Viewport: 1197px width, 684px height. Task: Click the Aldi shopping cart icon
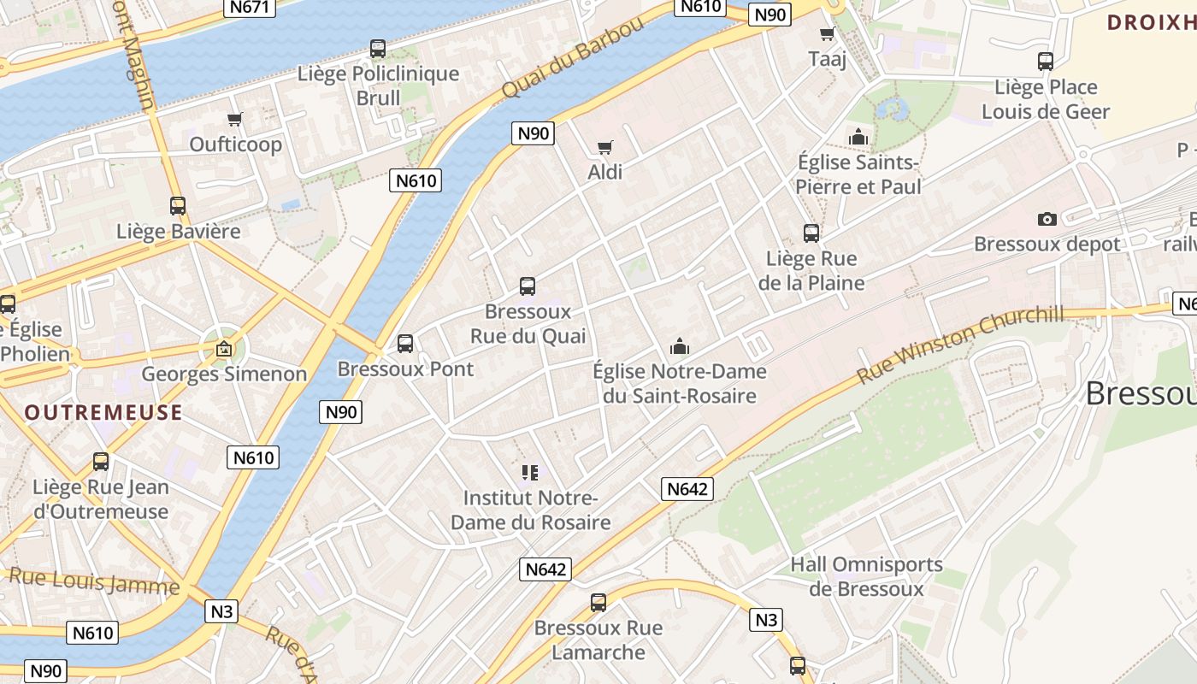(605, 147)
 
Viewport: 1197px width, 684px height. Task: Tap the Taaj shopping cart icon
(827, 34)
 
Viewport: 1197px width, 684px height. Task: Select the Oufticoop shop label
(236, 144)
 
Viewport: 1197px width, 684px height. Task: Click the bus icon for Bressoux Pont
(405, 344)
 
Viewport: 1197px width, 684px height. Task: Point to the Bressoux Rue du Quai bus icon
(528, 286)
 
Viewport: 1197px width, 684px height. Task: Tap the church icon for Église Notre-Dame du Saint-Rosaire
(680, 346)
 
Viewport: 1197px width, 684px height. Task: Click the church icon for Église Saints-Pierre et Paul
(858, 137)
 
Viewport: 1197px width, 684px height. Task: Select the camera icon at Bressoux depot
(1047, 220)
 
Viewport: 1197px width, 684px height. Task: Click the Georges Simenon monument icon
(223, 349)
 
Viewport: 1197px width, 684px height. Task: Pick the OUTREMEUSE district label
(103, 413)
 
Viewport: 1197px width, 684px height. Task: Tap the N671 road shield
(251, 8)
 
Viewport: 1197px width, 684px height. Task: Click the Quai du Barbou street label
(572, 58)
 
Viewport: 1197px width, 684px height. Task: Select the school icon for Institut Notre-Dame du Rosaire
(529, 472)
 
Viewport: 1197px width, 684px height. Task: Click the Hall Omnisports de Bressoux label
(866, 576)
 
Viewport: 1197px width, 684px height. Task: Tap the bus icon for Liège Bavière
(178, 206)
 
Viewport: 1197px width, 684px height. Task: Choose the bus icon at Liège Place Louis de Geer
(1045, 62)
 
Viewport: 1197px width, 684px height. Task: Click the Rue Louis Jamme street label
(94, 581)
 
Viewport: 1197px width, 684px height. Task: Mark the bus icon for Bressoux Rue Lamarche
(598, 603)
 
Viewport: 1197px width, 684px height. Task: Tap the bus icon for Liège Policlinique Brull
(378, 49)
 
